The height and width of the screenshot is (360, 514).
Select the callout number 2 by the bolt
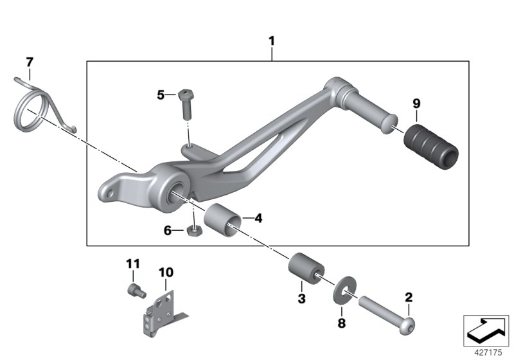tap(409, 297)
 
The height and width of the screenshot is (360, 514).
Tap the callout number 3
tap(301, 298)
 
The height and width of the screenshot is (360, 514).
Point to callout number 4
tap(258, 219)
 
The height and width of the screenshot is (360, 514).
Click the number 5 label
tap(161, 95)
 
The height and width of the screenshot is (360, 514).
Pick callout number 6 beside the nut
tap(168, 230)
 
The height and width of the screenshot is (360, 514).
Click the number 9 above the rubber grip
tap(416, 104)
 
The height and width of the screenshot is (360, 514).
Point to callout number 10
tap(166, 273)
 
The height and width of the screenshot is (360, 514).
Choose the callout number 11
tap(132, 264)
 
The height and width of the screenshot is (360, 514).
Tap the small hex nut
tap(191, 230)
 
